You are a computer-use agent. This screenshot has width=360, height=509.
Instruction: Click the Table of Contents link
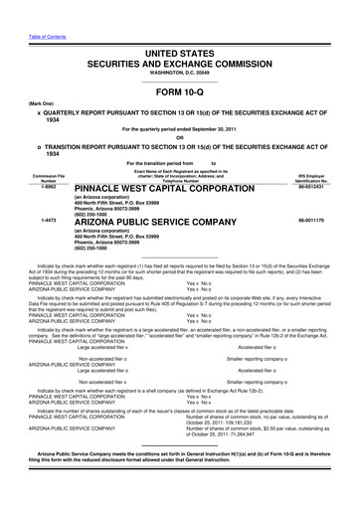23,5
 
